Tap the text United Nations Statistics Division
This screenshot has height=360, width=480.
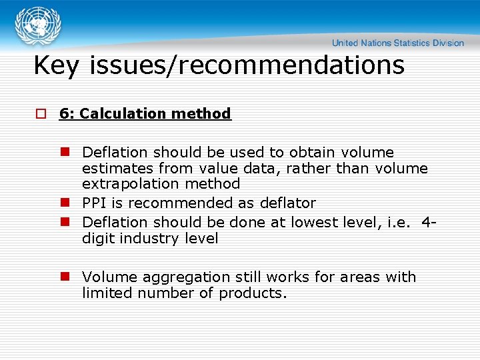pyautogui.click(x=397, y=43)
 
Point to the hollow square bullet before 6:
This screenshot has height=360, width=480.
pyautogui.click(x=41, y=114)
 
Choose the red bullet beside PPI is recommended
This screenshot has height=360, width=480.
pyautogui.click(x=65, y=203)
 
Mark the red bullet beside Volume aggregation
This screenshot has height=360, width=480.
pyautogui.click(x=65, y=277)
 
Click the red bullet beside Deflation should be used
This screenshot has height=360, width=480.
pyautogui.click(x=65, y=153)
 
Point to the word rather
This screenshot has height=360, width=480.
pyautogui.click(x=309, y=168)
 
